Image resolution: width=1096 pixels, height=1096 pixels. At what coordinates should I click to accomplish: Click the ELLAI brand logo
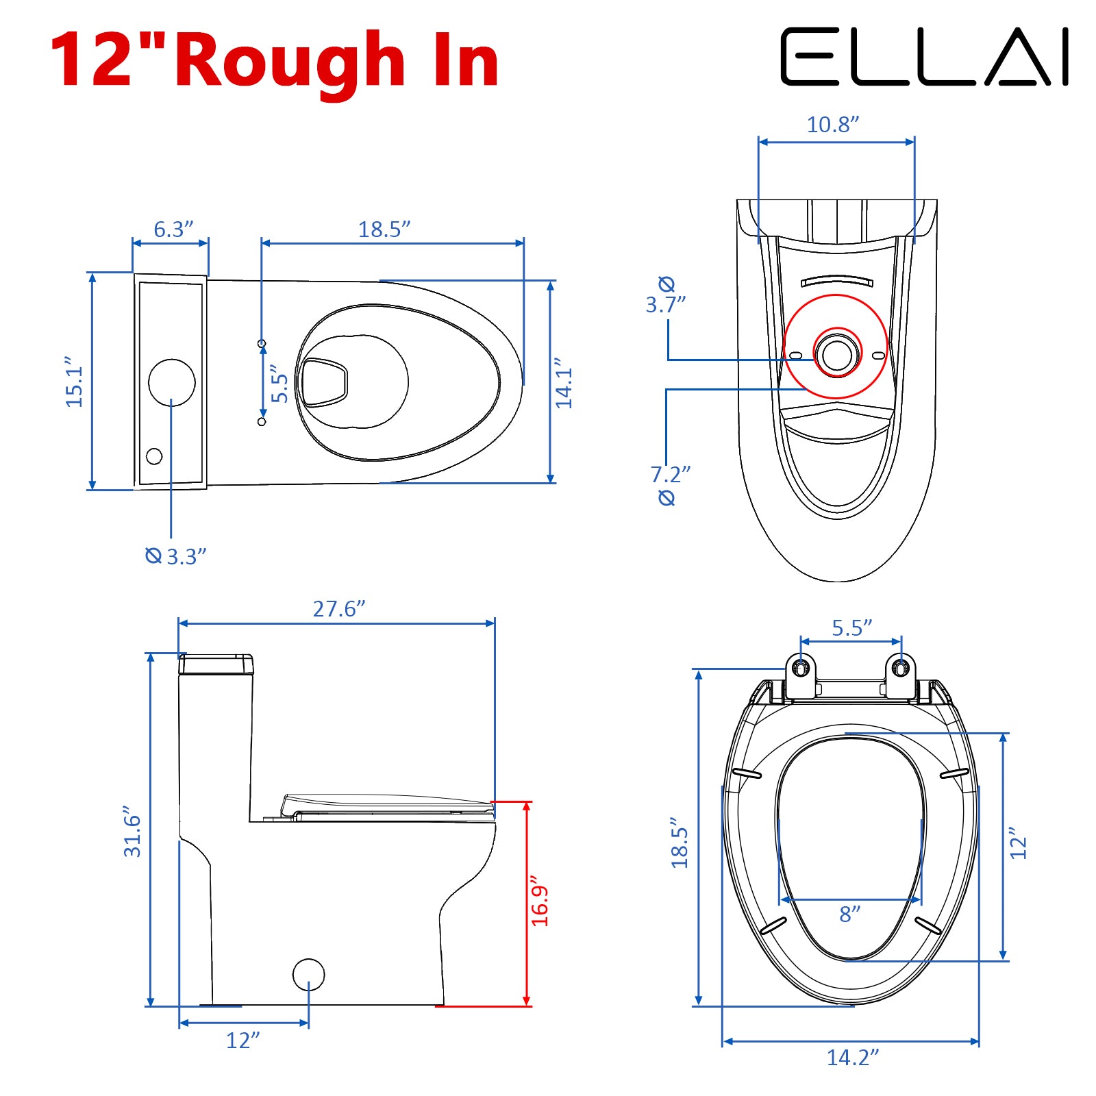pos(925,57)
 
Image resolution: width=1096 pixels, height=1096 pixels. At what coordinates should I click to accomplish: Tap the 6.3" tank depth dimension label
pos(173,229)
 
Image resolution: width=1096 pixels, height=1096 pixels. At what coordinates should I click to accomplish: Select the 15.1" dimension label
pos(74,382)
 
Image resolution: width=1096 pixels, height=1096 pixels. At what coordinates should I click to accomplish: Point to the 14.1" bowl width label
pos(563,383)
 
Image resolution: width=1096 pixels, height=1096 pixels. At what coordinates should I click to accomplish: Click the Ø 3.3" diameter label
pos(176,556)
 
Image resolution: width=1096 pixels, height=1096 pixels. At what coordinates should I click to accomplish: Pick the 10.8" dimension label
pos(833,125)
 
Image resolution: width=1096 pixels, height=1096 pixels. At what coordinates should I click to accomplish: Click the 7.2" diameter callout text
pos(670,474)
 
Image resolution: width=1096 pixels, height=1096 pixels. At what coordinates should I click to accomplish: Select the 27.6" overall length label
pos(339,609)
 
